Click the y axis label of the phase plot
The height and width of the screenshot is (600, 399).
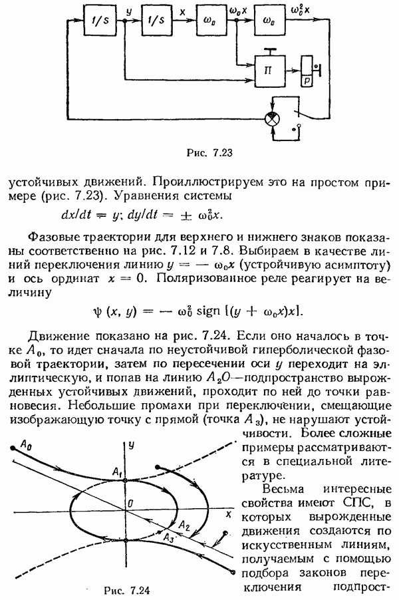132,443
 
